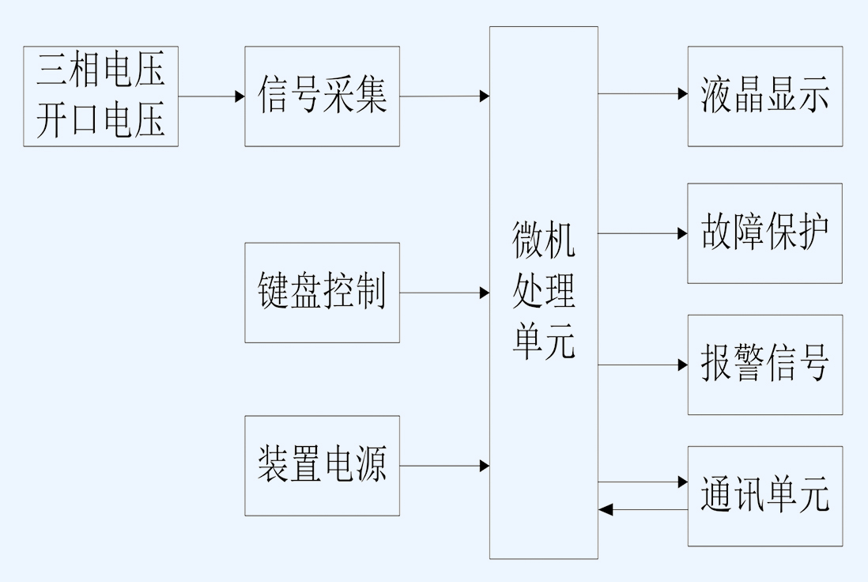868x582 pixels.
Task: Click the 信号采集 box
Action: (322, 96)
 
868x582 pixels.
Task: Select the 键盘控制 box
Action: (322, 293)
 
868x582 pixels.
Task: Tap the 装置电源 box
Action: (322, 466)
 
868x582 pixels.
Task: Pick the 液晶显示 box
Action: (764, 96)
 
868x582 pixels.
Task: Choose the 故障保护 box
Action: (764, 233)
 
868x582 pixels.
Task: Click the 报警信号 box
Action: (764, 365)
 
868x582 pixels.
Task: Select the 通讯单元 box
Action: (764, 496)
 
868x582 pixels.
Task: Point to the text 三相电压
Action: (100, 71)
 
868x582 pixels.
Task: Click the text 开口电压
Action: (100, 121)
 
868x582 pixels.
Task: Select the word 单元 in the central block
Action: (543, 344)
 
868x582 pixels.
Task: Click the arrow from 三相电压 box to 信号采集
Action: (211, 96)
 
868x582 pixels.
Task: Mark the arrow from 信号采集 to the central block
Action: (444, 96)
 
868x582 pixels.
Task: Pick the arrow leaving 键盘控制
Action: (444, 293)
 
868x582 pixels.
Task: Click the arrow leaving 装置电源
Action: (444, 466)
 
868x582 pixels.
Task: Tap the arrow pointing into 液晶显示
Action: (642, 93)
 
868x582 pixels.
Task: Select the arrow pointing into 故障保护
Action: (642, 233)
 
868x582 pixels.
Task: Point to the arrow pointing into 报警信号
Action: (642, 365)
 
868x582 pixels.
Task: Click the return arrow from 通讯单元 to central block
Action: (642, 509)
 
